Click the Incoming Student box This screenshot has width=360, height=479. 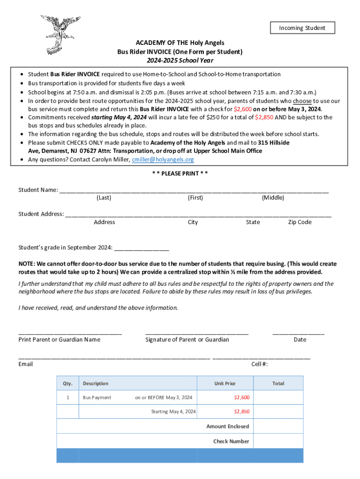click(x=302, y=28)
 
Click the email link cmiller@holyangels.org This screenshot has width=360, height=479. click(x=163, y=160)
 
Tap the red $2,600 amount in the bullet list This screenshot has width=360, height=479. click(x=243, y=109)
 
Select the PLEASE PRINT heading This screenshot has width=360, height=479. click(x=180, y=174)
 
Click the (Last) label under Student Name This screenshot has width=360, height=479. click(x=104, y=198)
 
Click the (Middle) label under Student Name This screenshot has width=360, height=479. click(x=273, y=198)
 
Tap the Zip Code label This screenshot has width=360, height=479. click(x=300, y=222)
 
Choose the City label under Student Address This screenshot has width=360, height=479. click(x=193, y=222)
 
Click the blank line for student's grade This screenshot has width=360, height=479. click(x=141, y=248)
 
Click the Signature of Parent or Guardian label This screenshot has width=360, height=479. click(x=187, y=340)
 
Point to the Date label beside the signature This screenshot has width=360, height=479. click(x=300, y=340)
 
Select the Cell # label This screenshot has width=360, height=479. click(x=259, y=364)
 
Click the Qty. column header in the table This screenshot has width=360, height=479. click(x=68, y=384)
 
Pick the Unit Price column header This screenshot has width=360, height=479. click(x=225, y=384)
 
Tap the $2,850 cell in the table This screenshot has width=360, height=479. click(x=242, y=412)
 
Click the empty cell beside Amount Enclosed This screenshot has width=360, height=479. click(x=278, y=426)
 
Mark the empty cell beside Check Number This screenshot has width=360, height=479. click(x=278, y=441)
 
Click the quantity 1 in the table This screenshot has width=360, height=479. click(x=68, y=398)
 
